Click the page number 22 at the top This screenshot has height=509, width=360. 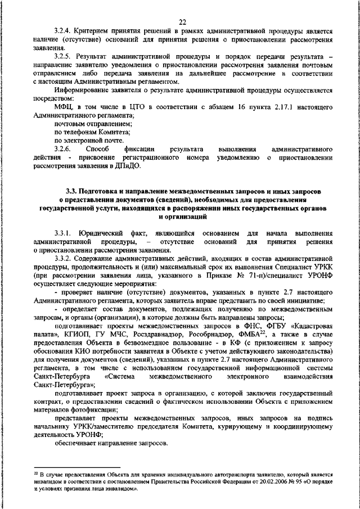tap(182, 21)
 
